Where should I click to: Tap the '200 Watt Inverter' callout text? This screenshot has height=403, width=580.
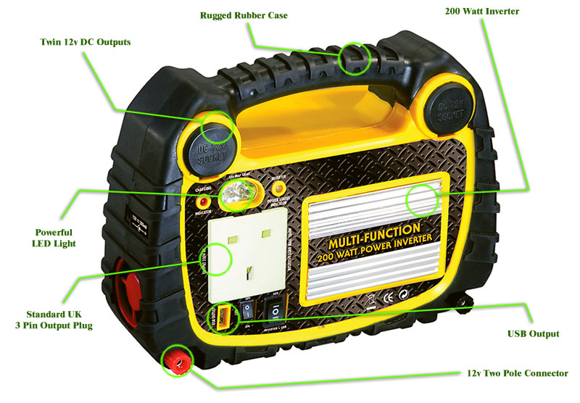tap(481, 11)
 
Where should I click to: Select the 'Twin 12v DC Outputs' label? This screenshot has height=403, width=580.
tap(86, 42)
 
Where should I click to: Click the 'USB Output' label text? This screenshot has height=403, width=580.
tap(533, 334)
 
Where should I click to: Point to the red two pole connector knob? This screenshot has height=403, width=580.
tap(175, 360)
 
